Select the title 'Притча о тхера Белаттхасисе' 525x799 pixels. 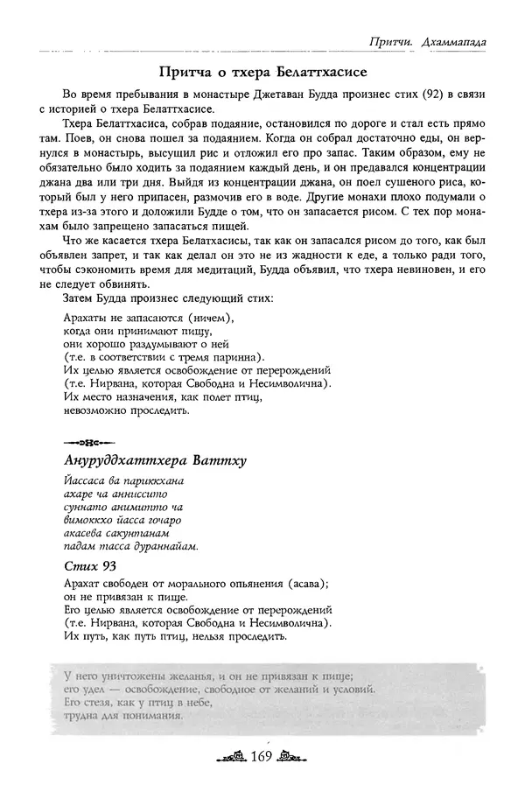tap(262, 69)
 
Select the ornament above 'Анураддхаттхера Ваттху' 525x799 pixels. tap(84, 440)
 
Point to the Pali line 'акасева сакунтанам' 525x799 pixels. tap(115, 532)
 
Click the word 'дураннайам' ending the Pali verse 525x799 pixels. tap(167, 546)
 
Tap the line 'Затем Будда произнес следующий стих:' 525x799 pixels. tap(168, 299)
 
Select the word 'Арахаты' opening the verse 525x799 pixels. tap(88, 317)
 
